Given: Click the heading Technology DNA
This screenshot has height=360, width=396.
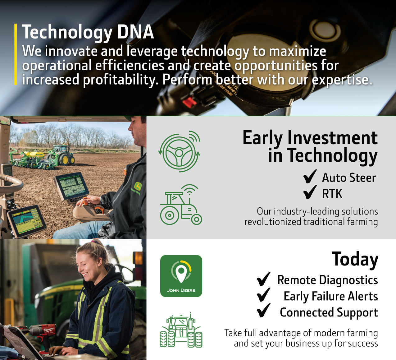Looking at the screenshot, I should tap(88, 32).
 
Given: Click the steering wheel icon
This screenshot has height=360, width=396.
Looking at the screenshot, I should tap(179, 151).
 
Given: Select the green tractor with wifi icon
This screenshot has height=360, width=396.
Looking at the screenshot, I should tap(181, 204).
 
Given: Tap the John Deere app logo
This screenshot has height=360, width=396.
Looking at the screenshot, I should tap(181, 276).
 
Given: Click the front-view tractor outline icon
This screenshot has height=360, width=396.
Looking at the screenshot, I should tap(181, 330).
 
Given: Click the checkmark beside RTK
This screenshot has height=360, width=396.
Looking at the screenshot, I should tap(310, 192).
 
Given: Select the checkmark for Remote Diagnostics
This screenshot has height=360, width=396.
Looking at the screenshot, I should tap(264, 279).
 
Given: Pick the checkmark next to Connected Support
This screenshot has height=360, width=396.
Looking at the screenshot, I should tap(264, 311).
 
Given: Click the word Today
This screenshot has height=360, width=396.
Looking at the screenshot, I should tap(355, 259).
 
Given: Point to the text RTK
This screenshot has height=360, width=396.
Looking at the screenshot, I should tap(332, 194).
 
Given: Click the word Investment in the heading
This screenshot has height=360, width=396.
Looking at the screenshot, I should tap(332, 138).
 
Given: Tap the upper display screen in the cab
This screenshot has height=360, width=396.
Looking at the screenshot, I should tap(72, 186).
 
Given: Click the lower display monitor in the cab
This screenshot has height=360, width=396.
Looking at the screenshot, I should tap(27, 220).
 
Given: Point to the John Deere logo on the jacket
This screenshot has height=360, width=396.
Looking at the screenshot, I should tap(138, 187).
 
